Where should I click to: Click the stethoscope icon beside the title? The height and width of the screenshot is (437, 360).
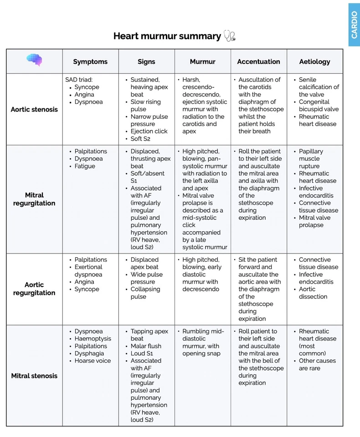230,36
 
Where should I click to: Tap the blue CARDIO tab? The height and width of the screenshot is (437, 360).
354,25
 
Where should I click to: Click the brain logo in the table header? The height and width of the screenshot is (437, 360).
34,60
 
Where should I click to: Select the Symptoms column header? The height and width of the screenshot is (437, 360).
90,61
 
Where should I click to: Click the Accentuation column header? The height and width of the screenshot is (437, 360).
258,61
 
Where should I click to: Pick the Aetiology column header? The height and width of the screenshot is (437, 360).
314,61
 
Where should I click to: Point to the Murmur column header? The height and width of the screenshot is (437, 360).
202,61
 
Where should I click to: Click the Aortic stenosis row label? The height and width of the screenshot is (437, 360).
34,109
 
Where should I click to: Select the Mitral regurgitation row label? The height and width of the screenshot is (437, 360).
34,199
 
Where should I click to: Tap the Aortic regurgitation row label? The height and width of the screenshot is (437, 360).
34,289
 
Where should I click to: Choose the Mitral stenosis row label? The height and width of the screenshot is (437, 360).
34,376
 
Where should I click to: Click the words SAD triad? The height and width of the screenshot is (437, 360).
79,80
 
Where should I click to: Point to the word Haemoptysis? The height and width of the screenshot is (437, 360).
93,339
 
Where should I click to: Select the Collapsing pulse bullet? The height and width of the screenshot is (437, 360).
145,293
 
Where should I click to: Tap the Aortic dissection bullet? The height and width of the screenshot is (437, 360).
313,293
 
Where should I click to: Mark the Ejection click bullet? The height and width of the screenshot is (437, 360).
149,131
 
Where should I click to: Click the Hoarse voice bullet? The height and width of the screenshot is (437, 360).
93,361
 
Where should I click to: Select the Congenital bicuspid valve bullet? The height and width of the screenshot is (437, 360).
319,106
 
